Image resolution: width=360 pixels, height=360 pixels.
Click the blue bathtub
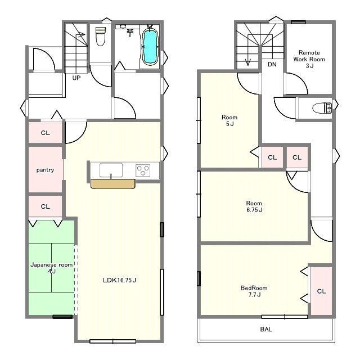(150, 47)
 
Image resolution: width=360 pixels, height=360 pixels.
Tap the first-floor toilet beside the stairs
(100, 36)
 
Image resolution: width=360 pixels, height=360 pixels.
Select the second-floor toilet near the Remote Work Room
(322, 108)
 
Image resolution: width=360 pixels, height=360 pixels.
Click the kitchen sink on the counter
(111, 170)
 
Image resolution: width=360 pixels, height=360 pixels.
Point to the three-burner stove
(143, 170)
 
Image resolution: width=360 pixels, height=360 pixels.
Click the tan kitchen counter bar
(112, 184)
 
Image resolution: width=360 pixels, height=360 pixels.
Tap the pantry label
(45, 170)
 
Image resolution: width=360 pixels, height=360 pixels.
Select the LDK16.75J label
(119, 280)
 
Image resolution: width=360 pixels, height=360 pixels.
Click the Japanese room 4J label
(52, 268)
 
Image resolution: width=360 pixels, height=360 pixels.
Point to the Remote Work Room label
(309, 59)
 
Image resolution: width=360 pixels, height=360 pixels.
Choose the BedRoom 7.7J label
(254, 291)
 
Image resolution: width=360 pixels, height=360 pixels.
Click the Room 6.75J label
(254, 206)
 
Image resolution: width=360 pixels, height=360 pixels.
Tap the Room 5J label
(229, 120)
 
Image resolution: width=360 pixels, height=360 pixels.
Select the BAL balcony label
(266, 329)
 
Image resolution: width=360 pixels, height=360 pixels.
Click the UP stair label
(76, 78)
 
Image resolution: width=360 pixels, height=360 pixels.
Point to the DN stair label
(272, 65)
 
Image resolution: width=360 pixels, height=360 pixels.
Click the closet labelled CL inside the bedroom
(321, 291)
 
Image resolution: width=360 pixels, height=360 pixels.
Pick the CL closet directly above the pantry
(45, 133)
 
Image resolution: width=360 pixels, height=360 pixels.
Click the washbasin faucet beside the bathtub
(130, 33)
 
